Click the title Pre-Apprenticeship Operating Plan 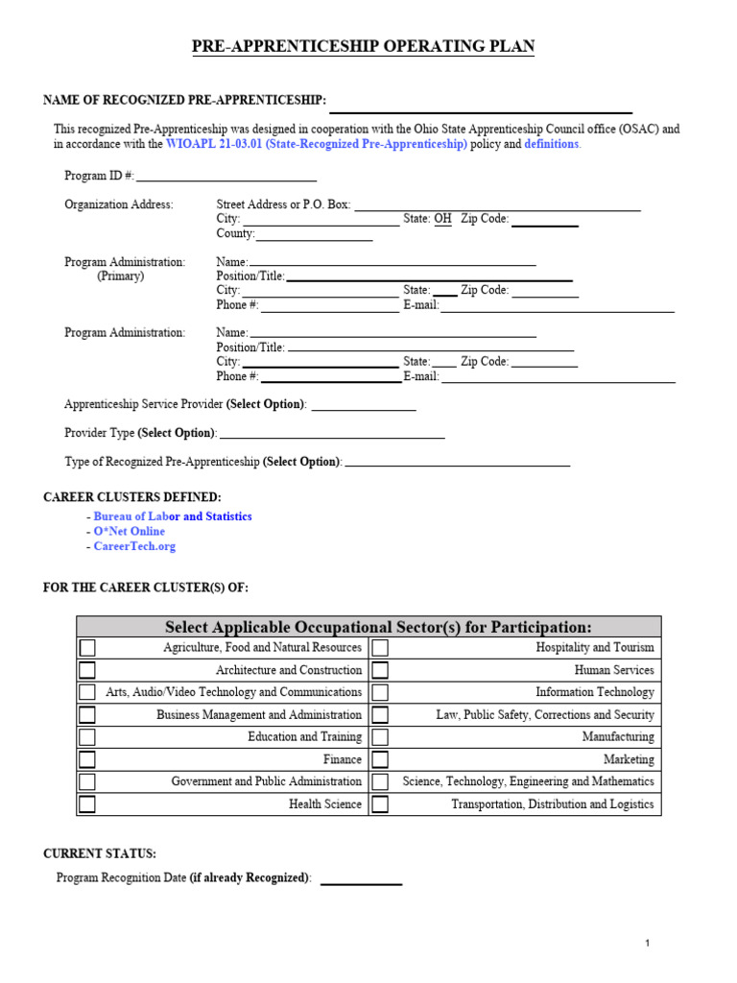[x=364, y=47]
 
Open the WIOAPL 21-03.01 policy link [x=317, y=144]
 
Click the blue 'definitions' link [x=552, y=144]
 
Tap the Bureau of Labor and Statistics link [x=173, y=516]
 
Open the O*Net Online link [x=129, y=531]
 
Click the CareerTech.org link [x=134, y=546]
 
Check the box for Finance [x=87, y=759]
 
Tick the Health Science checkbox [x=87, y=804]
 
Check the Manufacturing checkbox [x=380, y=737]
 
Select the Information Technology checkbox [x=380, y=692]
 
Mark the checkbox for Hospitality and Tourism [x=380, y=648]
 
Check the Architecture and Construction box [x=87, y=670]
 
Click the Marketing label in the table [x=629, y=759]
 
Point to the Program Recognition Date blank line [x=361, y=878]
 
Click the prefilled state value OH [x=442, y=219]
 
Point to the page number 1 [x=648, y=944]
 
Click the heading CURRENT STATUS [x=100, y=853]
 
